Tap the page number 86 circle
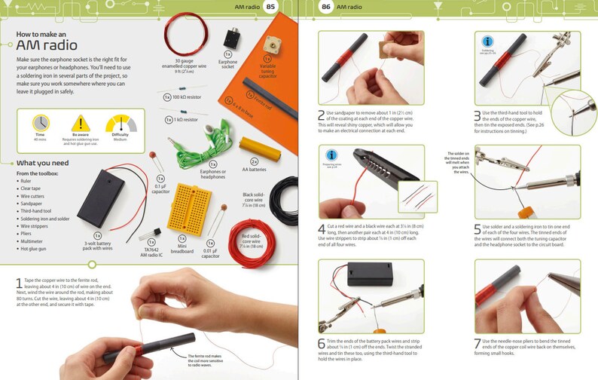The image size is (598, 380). (325, 7)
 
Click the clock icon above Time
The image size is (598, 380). (39, 123)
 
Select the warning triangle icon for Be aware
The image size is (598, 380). (80, 123)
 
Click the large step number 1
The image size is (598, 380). (18, 284)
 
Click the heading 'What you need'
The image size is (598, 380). (43, 164)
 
